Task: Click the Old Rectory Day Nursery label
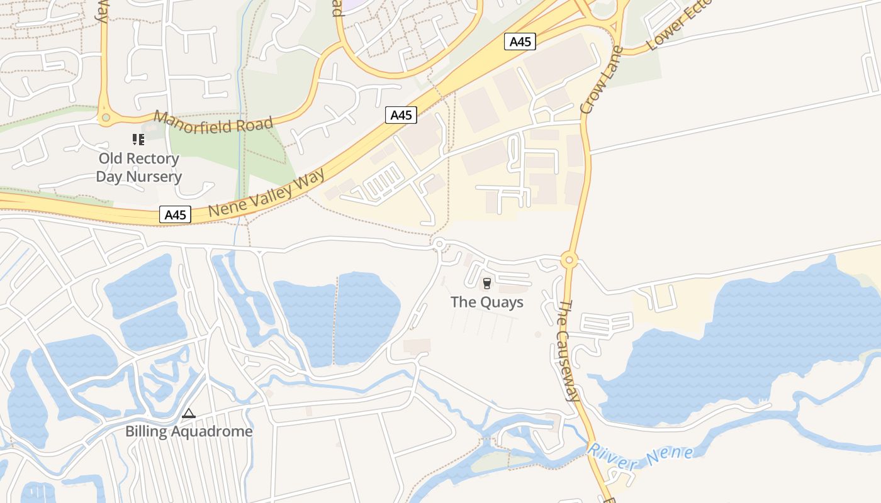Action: [x=138, y=167]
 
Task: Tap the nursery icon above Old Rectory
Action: [x=138, y=139]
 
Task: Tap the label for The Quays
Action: [x=486, y=302]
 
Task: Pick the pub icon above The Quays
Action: [x=486, y=284]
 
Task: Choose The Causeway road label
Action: [x=568, y=350]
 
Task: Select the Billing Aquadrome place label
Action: [x=189, y=431]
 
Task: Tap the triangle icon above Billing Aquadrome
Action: [x=189, y=414]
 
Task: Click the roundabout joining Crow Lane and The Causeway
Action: [x=570, y=259]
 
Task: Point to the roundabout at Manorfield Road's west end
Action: [x=105, y=117]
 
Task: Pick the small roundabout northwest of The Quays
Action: [x=439, y=243]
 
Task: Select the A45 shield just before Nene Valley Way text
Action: [x=175, y=214]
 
